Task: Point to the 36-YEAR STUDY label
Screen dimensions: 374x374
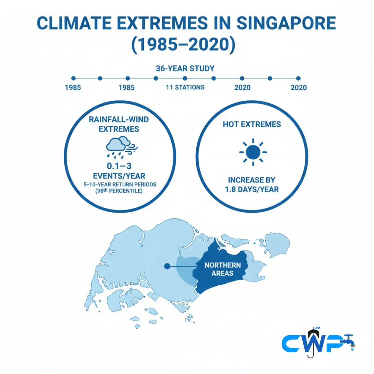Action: tap(185, 68)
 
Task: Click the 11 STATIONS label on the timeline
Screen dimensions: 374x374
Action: tap(185, 87)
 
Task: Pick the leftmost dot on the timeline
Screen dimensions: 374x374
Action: tap(73, 79)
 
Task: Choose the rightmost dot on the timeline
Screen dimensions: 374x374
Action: tap(298, 79)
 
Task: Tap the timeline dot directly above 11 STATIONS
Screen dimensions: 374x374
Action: tap(185, 79)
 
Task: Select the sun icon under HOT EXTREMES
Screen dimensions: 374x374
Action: tap(253, 152)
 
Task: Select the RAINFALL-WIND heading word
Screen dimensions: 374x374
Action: tap(119, 120)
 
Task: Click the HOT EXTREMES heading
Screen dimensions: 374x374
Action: tap(252, 124)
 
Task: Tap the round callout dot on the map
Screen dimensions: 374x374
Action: tap(167, 266)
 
